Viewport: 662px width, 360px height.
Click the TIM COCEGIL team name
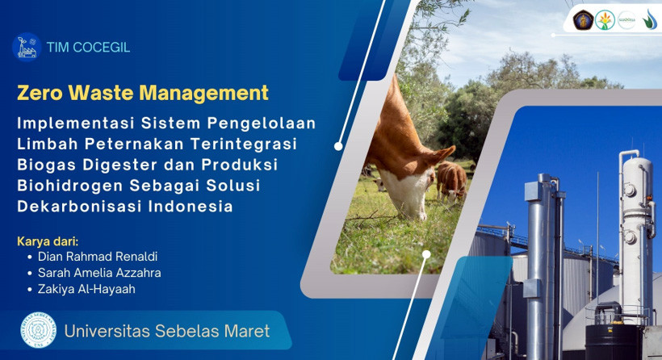(x=88, y=48)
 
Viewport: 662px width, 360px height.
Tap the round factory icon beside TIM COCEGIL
(x=27, y=48)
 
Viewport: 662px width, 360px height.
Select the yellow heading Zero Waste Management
(x=143, y=93)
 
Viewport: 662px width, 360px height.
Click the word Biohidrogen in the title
(x=69, y=186)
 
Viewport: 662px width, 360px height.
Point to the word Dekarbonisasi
(x=79, y=207)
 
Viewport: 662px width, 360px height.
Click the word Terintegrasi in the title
(x=244, y=144)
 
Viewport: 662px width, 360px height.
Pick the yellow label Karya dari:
(x=48, y=241)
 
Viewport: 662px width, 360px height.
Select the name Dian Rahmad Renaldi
(x=98, y=257)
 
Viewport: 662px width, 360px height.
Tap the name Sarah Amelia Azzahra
(x=99, y=273)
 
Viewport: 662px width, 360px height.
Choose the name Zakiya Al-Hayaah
(x=86, y=290)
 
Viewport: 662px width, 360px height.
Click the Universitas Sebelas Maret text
(x=167, y=331)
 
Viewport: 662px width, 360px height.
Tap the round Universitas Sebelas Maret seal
(x=39, y=330)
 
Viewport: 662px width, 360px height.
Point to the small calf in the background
(x=451, y=181)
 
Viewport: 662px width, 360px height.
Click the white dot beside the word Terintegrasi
(x=338, y=146)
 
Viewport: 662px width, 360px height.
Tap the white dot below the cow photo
(x=426, y=254)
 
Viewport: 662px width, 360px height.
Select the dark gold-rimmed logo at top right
(x=583, y=20)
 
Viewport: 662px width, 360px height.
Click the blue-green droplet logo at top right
(x=650, y=20)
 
